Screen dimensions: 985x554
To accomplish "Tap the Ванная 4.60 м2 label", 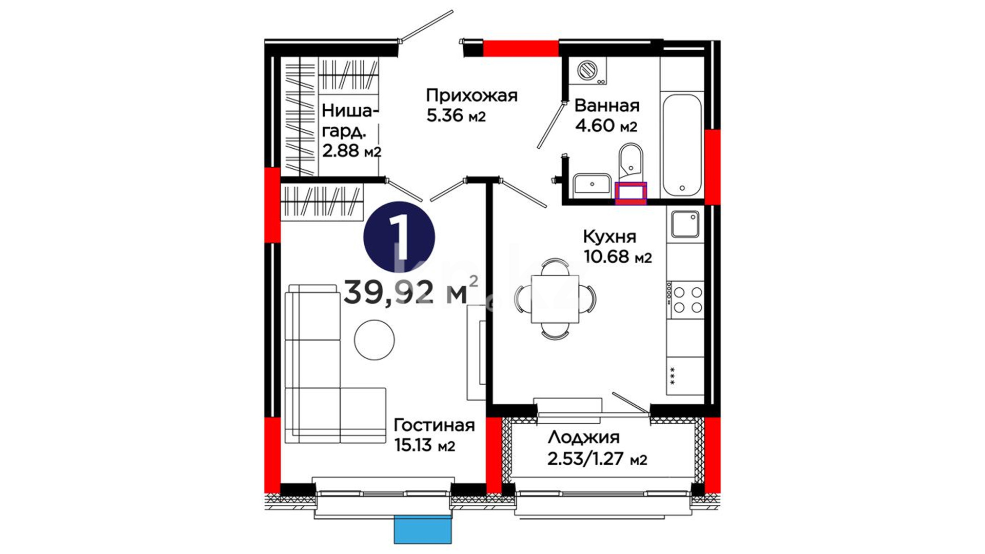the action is pyautogui.click(x=606, y=115).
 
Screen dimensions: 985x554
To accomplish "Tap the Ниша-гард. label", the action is pyautogui.click(x=351, y=121).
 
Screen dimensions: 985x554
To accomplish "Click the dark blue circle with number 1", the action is pyautogui.click(x=399, y=238).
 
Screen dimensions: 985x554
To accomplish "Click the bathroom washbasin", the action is pyautogui.click(x=592, y=184).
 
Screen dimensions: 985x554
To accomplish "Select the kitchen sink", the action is pyautogui.click(x=685, y=224).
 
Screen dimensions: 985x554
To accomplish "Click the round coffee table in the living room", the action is pyautogui.click(x=374, y=340).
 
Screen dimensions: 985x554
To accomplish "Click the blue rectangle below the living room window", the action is pyautogui.click(x=423, y=529).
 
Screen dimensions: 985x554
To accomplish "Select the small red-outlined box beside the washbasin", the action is pyautogui.click(x=631, y=193).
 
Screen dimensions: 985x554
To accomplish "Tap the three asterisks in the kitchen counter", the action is pyautogui.click(x=672, y=375).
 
